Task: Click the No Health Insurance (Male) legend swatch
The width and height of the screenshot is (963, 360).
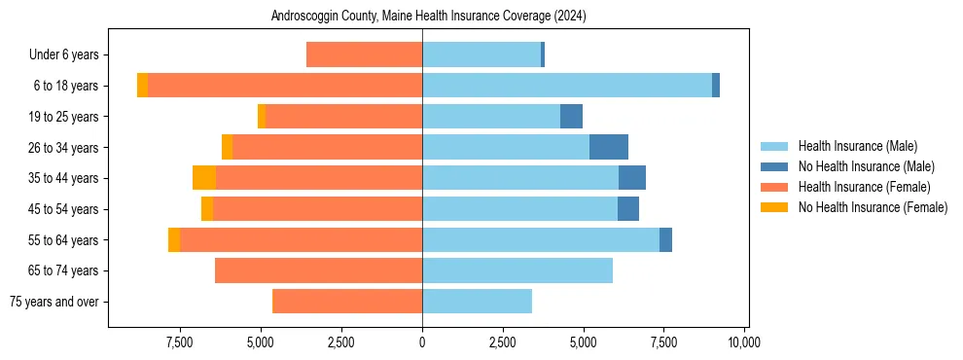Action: click(775, 166)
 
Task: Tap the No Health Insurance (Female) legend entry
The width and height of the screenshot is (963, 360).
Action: click(872, 207)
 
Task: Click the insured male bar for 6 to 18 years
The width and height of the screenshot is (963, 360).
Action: click(566, 86)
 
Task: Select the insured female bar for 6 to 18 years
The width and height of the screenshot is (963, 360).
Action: click(285, 86)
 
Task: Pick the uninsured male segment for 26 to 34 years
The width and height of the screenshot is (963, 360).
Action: click(609, 147)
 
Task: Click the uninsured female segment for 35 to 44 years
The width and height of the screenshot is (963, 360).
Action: click(204, 178)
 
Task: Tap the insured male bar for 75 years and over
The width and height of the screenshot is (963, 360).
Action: click(477, 302)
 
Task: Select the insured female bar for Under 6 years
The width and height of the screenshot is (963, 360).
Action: click(364, 55)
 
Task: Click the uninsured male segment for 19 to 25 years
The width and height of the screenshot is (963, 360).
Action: click(571, 117)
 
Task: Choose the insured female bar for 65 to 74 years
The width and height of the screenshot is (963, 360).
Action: click(318, 270)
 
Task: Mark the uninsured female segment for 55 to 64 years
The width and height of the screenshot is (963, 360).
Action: click(174, 240)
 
